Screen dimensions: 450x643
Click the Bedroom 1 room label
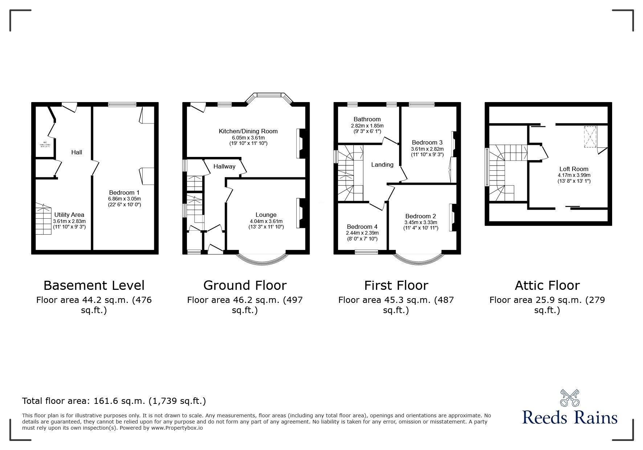click(124, 192)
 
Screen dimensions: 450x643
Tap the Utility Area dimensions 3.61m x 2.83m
click(69, 221)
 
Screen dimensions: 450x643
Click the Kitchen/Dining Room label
click(248, 131)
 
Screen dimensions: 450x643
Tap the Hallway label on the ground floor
click(224, 167)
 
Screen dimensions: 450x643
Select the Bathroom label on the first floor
click(367, 119)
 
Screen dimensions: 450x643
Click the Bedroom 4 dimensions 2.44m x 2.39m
click(362, 233)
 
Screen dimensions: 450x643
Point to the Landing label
click(382, 165)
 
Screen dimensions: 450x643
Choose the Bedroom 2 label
click(420, 216)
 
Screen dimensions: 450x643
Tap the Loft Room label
click(574, 169)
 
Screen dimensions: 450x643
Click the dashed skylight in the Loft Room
click(590, 137)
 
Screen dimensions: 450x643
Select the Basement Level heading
click(94, 285)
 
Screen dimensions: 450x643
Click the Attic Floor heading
click(547, 285)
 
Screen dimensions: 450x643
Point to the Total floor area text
click(114, 401)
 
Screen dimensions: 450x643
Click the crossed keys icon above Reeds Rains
click(570, 398)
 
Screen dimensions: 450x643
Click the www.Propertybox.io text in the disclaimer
click(177, 428)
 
